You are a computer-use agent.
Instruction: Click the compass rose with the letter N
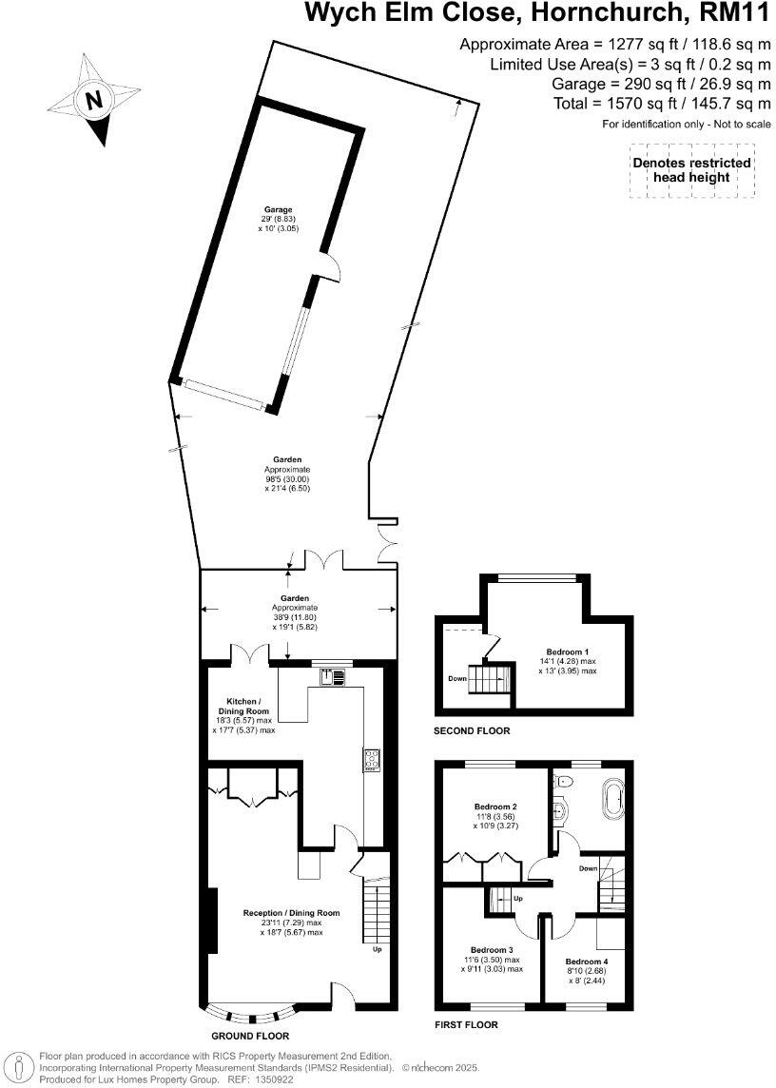click(x=93, y=100)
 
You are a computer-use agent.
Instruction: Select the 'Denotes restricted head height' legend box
click(x=691, y=170)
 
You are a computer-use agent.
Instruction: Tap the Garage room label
click(x=278, y=209)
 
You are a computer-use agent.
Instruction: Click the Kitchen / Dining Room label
click(x=243, y=705)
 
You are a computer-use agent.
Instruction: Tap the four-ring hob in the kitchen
click(x=370, y=759)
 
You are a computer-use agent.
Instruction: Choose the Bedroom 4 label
click(x=584, y=962)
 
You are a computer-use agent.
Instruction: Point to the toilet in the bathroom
click(x=565, y=780)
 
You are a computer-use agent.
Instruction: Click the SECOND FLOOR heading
click(x=472, y=731)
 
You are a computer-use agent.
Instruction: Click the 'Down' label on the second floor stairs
click(x=458, y=679)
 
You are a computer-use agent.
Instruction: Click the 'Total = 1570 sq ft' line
click(x=661, y=104)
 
